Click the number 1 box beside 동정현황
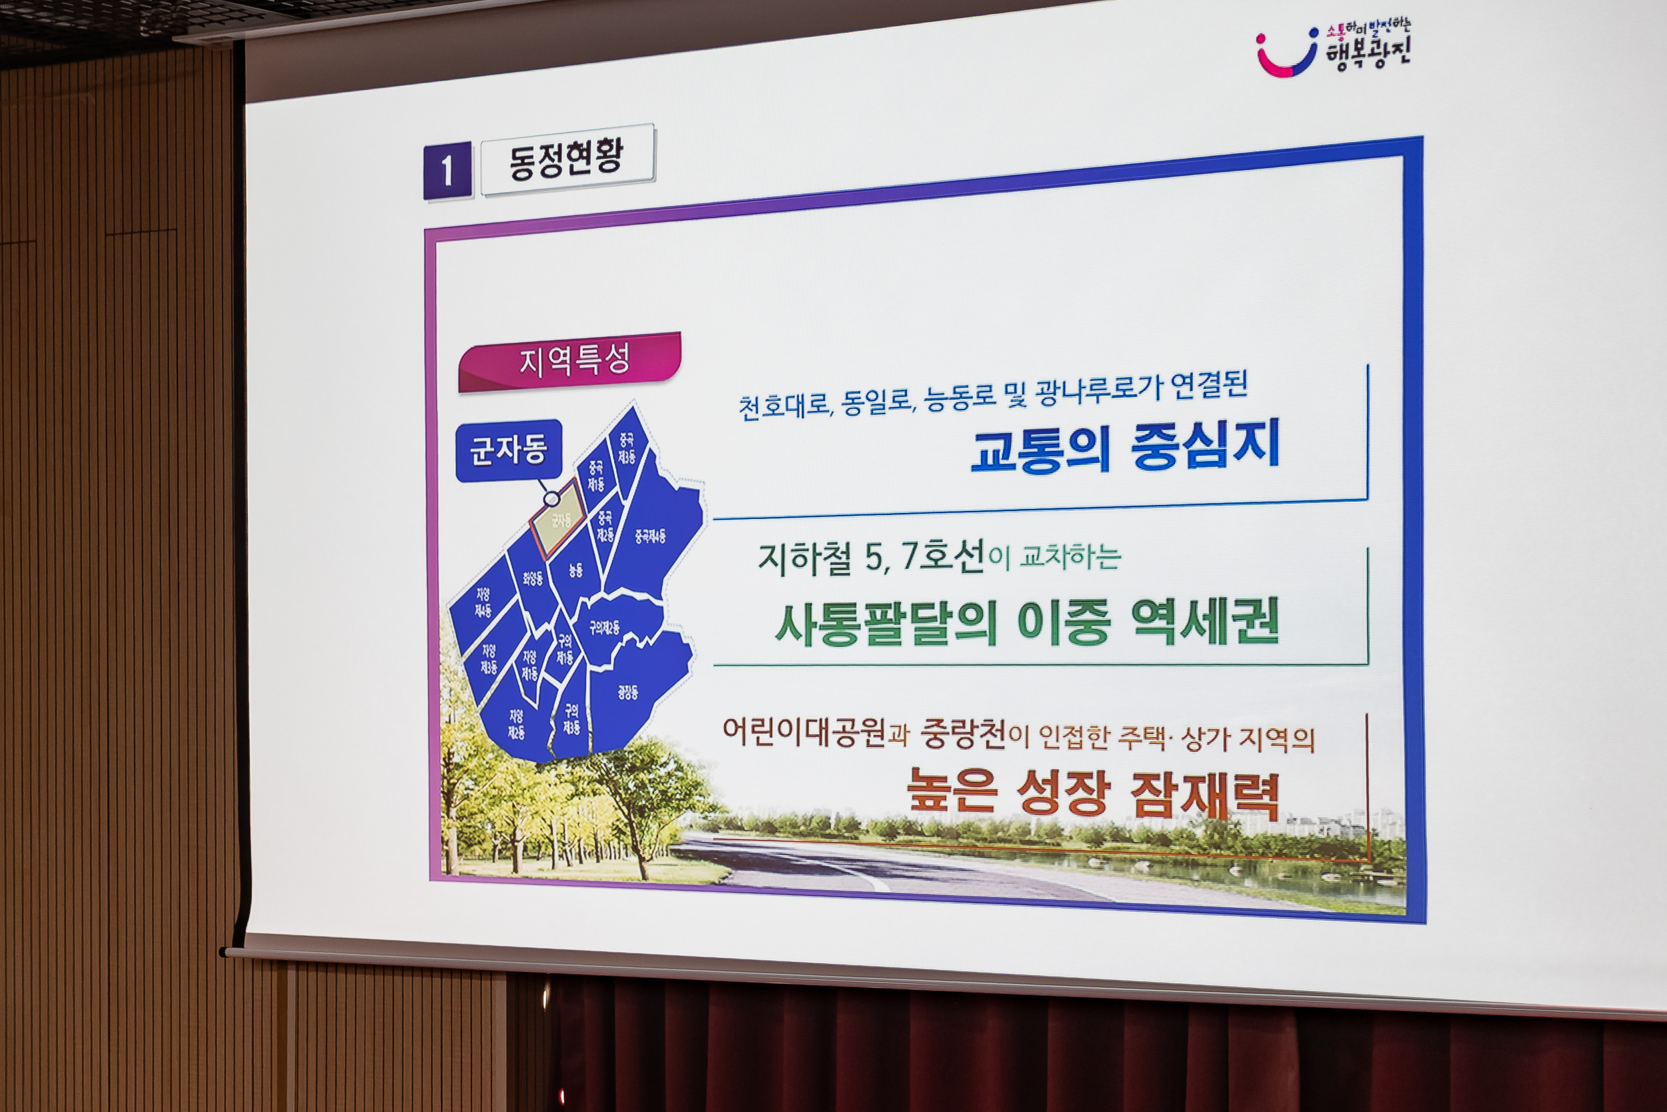447,170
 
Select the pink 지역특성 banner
573,361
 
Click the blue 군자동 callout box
508,450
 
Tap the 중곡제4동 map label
650,536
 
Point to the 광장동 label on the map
627,692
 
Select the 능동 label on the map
575,570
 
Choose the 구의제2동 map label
605,627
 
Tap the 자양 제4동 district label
483,602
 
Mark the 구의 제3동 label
571,718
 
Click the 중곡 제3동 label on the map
627,448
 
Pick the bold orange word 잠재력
1205,794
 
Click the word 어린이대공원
804,731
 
